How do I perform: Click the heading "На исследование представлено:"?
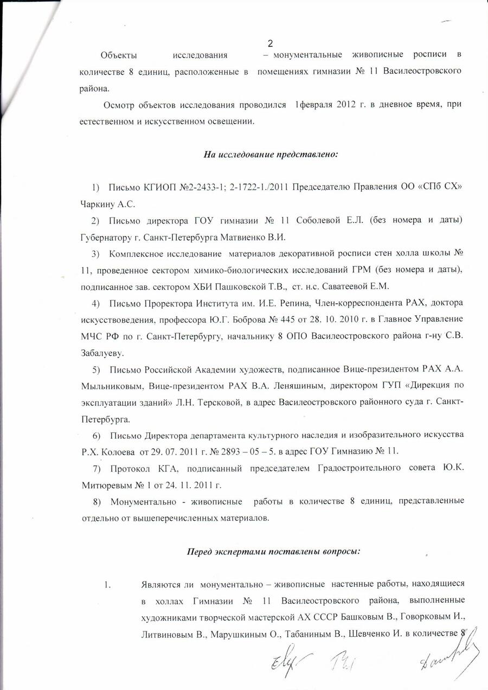271,155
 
